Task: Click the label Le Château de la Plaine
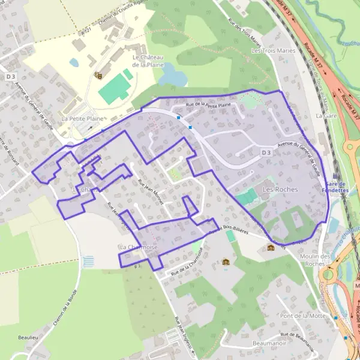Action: pyautogui.click(x=148, y=61)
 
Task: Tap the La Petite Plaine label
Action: pyautogui.click(x=86, y=119)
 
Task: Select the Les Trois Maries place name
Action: pyautogui.click(x=274, y=51)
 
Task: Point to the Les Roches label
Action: pyautogui.click(x=280, y=189)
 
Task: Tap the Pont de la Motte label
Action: pyautogui.click(x=302, y=316)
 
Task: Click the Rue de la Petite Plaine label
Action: pyautogui.click(x=208, y=105)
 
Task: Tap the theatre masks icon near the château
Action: pyautogui.click(x=98, y=76)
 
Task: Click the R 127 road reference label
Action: pyautogui.click(x=85, y=31)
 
